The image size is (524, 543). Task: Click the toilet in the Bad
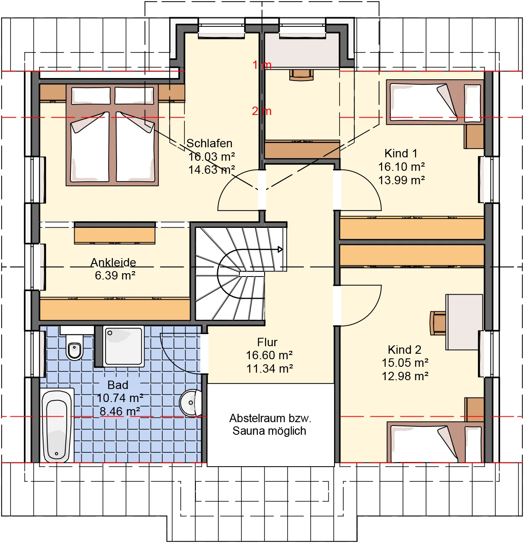point(74,347)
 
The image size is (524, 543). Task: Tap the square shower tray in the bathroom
point(124,346)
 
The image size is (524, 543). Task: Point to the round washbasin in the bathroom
point(191,402)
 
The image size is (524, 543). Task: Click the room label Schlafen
point(209,143)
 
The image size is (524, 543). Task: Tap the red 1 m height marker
point(262,65)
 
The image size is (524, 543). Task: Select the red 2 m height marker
point(262,111)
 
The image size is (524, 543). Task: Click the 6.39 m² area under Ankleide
point(115,275)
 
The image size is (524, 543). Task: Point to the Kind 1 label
point(401,153)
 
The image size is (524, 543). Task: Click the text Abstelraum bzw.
point(270,418)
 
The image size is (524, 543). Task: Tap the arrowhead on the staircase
point(280,249)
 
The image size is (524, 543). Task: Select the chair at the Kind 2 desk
point(438,323)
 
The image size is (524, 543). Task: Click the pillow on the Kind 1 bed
point(472,103)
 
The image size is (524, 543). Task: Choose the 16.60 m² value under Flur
point(269,355)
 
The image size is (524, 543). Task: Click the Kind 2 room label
point(405,350)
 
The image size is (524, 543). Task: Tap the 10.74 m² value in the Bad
point(120,398)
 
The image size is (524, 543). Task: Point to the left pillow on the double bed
point(91,96)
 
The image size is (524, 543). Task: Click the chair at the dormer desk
point(301,75)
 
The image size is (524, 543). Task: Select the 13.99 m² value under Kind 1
point(401,180)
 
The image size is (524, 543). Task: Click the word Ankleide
point(113,262)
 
